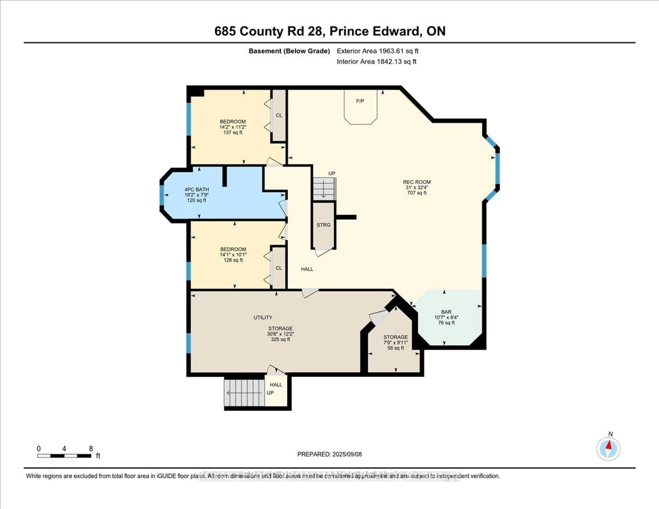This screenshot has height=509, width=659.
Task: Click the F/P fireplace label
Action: (360, 101)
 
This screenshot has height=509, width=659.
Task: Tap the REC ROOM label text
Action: (417, 182)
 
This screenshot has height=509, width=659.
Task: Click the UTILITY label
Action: (263, 317)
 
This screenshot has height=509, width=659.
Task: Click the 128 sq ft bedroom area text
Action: (233, 260)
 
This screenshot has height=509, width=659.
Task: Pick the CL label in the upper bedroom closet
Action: (279, 115)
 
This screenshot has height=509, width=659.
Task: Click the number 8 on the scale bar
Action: (91, 449)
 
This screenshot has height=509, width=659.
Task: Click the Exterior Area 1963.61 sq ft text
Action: (378, 51)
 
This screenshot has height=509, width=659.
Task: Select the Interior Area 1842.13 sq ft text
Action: (377, 62)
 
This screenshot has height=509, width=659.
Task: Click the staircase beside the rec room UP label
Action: (324, 189)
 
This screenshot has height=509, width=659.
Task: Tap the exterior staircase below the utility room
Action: (244, 393)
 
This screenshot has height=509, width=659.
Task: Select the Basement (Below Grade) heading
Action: (289, 51)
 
